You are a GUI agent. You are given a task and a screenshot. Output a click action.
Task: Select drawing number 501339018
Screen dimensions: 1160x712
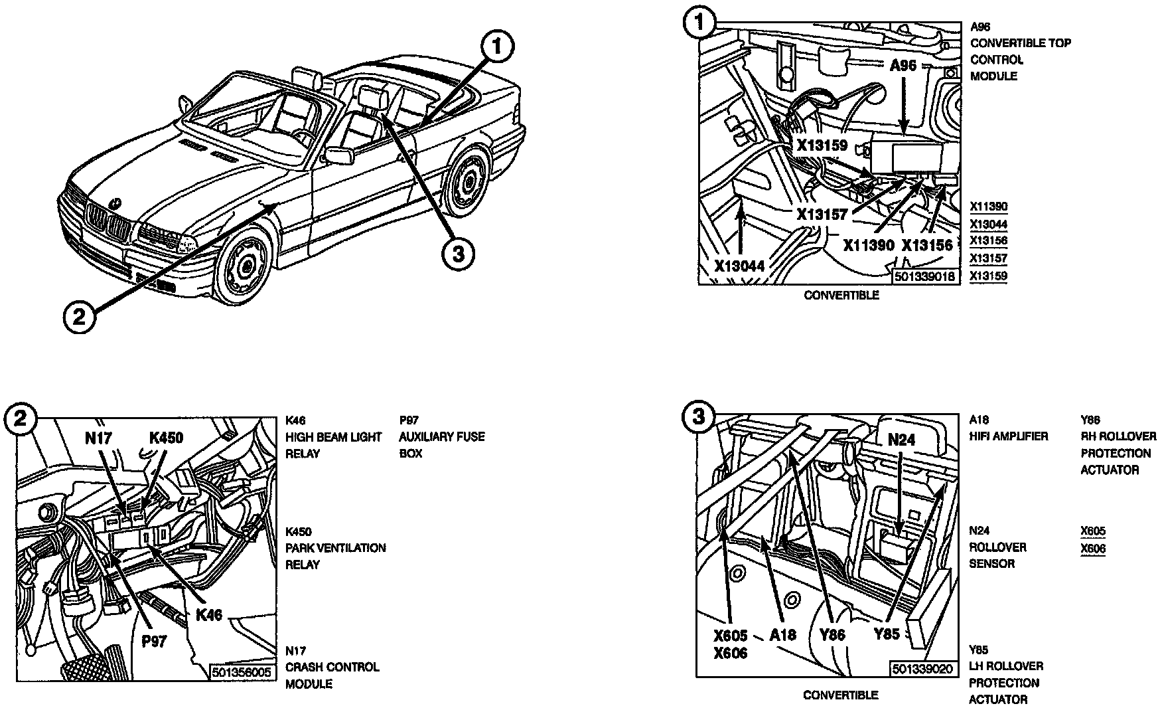tap(926, 276)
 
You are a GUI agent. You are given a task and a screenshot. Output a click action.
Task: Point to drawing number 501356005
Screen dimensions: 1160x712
tap(242, 672)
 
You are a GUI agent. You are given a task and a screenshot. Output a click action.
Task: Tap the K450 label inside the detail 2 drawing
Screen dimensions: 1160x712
tap(166, 438)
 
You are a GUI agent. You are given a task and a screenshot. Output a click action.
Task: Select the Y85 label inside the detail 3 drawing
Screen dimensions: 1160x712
tap(887, 634)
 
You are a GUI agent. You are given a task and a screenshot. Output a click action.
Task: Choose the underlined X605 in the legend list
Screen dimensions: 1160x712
tap(1093, 531)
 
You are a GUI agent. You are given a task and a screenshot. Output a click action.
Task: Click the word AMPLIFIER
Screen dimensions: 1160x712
tap(1021, 436)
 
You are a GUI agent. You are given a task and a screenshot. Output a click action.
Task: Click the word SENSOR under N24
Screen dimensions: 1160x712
tap(991, 563)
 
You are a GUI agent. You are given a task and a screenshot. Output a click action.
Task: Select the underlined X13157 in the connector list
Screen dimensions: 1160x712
tap(988, 258)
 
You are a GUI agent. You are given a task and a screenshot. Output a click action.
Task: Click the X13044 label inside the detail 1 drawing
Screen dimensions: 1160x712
tap(740, 266)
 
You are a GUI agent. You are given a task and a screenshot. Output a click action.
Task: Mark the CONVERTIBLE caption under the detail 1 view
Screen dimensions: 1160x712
tap(841, 295)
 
